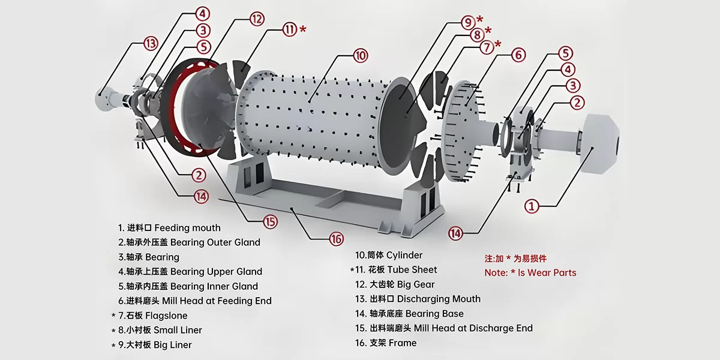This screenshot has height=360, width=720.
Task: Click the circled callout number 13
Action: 151,43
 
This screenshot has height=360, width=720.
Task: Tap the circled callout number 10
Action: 360,56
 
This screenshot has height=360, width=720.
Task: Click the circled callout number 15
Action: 271,221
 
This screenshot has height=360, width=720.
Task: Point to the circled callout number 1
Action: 532,206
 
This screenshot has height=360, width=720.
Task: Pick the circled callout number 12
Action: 257,19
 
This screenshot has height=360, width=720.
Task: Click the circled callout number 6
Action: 518,55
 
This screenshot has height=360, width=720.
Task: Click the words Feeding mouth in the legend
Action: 187,228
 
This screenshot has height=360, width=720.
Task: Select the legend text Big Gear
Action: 412,284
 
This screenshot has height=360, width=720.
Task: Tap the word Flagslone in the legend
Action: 170,316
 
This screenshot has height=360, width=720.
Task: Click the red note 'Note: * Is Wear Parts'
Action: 530,272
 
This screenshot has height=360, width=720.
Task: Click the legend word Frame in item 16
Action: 403,343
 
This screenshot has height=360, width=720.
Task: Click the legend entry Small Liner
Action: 178,330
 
